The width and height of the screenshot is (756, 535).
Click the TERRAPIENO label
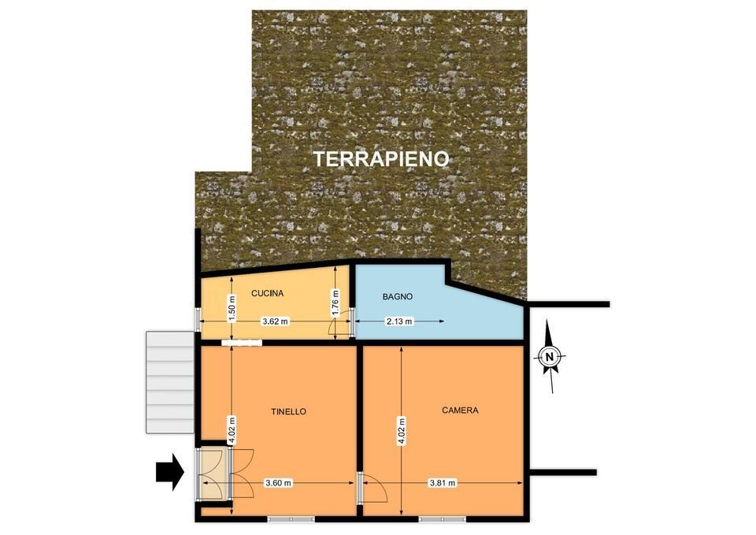coord(381,158)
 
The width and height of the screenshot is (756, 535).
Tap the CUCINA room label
coord(268,293)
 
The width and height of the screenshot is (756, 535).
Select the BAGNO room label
coord(398,297)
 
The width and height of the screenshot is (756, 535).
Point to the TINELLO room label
coord(288,411)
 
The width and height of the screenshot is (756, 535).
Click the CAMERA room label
coord(460,410)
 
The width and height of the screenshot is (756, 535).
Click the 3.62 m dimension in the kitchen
coord(276,321)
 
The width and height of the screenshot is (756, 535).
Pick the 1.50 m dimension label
coord(232,307)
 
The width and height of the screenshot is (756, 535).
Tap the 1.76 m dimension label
coord(336,303)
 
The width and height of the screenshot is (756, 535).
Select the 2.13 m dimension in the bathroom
coord(400,321)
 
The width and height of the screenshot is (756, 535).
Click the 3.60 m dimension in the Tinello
coord(279,483)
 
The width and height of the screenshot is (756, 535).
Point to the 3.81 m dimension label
coord(443,483)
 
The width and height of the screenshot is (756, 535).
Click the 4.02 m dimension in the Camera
coord(402,430)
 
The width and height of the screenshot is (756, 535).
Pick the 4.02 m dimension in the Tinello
coord(232,430)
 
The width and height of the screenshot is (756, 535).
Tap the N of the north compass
coord(549,357)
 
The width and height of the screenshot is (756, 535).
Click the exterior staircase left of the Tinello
coord(171,382)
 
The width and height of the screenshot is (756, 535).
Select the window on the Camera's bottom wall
coord(442,519)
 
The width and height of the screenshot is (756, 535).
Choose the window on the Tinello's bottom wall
coord(291,519)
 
